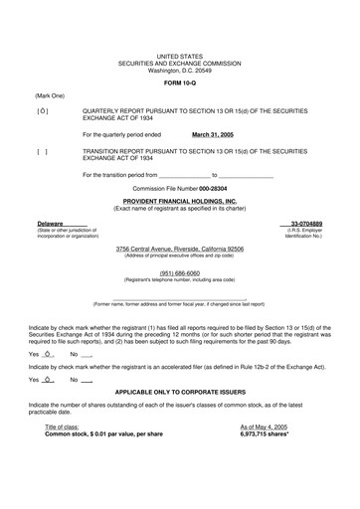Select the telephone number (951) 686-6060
point(180,244)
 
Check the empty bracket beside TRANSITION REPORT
point(42,152)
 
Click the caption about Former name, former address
point(179,275)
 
